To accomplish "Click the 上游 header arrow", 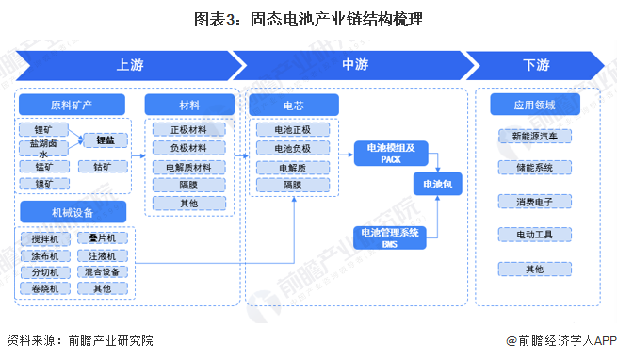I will [x=127, y=65].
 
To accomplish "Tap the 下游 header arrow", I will [x=535, y=65].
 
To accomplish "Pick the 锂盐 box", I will [x=105, y=139].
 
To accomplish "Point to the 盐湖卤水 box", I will [x=41, y=147].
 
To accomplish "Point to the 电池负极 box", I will [x=292, y=147].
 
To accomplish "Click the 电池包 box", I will [x=439, y=185].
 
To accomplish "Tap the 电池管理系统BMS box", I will [x=391, y=237].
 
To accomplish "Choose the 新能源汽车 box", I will [x=534, y=136].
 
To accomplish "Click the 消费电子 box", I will [x=534, y=201].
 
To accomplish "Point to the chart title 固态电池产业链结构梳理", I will [x=308, y=20].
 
